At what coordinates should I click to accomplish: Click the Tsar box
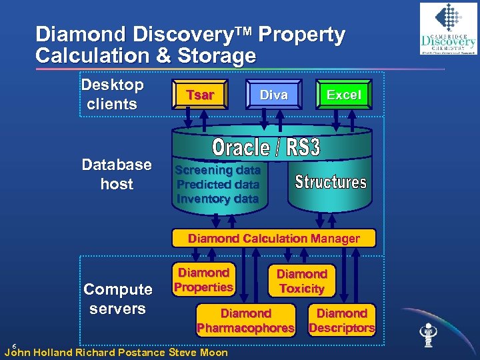click(x=199, y=95)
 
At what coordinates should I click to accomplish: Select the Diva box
click(x=273, y=95)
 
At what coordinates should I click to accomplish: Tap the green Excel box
click(x=343, y=95)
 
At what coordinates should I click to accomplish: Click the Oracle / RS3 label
click(x=266, y=147)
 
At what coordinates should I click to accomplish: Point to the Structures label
click(x=331, y=181)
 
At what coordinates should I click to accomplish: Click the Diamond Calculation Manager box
click(x=273, y=238)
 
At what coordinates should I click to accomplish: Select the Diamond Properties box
click(x=203, y=280)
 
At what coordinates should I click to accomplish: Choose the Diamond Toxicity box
click(x=301, y=281)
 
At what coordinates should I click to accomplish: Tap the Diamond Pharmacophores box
click(x=245, y=321)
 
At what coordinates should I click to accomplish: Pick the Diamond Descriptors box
click(x=341, y=321)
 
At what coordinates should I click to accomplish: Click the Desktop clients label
click(x=112, y=94)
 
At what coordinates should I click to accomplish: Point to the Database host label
click(x=116, y=174)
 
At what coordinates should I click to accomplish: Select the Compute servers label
click(x=117, y=299)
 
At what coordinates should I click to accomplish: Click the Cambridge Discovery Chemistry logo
click(x=447, y=29)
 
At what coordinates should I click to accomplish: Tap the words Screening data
click(x=217, y=170)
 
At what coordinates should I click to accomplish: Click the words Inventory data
click(x=217, y=199)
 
